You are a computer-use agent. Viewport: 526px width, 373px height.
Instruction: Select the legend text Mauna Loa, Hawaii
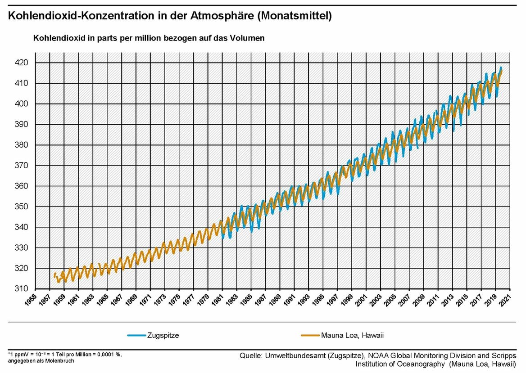(352, 335)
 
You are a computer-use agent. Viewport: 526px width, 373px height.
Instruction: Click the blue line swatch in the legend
(136, 335)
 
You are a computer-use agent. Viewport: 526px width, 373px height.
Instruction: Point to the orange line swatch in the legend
(310, 335)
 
